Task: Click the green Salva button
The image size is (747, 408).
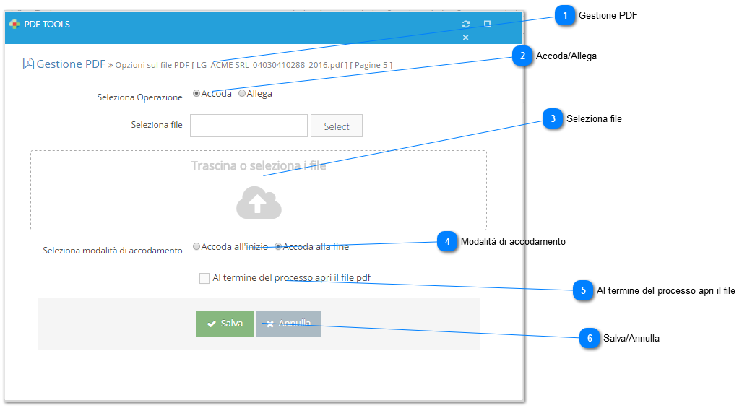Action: pyautogui.click(x=225, y=324)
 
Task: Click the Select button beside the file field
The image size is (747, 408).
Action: pyautogui.click(x=337, y=126)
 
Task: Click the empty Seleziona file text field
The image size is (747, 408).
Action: pyautogui.click(x=249, y=126)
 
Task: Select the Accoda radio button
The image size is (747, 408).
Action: pyautogui.click(x=197, y=93)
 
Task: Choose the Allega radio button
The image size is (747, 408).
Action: pyautogui.click(x=242, y=93)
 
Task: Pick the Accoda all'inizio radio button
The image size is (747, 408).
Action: pyautogui.click(x=197, y=246)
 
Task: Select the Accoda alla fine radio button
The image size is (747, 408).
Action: pyautogui.click(x=278, y=246)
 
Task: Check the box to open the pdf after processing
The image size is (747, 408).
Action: pyautogui.click(x=204, y=278)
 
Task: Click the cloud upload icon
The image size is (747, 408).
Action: pyautogui.click(x=259, y=203)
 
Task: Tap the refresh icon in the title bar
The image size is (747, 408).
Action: pyautogui.click(x=466, y=24)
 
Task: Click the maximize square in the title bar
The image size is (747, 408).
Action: pyautogui.click(x=487, y=24)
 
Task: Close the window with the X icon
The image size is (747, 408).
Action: pyautogui.click(x=465, y=37)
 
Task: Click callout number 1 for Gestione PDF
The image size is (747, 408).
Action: pyautogui.click(x=565, y=16)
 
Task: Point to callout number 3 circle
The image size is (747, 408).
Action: pyautogui.click(x=553, y=118)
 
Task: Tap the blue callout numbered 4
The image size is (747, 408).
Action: pyautogui.click(x=447, y=242)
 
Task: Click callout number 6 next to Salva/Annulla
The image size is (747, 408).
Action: pyautogui.click(x=590, y=338)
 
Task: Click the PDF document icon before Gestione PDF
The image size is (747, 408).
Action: pyautogui.click(x=28, y=64)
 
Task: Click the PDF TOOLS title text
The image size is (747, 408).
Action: pyautogui.click(x=47, y=25)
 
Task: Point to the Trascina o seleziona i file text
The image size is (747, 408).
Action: pyautogui.click(x=258, y=165)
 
